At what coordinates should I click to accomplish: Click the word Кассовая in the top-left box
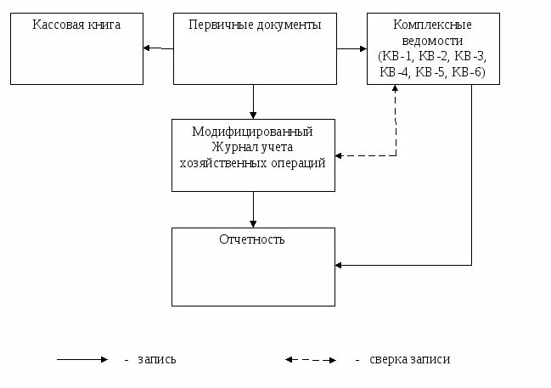click(x=57, y=25)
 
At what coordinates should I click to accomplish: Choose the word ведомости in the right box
click(x=433, y=41)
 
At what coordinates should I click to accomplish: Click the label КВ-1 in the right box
click(x=398, y=56)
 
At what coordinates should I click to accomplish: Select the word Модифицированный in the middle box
click(x=252, y=132)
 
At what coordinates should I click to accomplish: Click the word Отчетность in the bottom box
click(x=251, y=239)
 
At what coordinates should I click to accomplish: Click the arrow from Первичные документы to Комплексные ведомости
click(x=351, y=48)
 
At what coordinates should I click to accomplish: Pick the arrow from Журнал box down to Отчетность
click(x=253, y=209)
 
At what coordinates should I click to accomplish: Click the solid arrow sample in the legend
click(x=82, y=359)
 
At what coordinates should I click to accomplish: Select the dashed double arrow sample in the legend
click(x=311, y=359)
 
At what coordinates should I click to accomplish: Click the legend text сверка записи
click(x=410, y=359)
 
